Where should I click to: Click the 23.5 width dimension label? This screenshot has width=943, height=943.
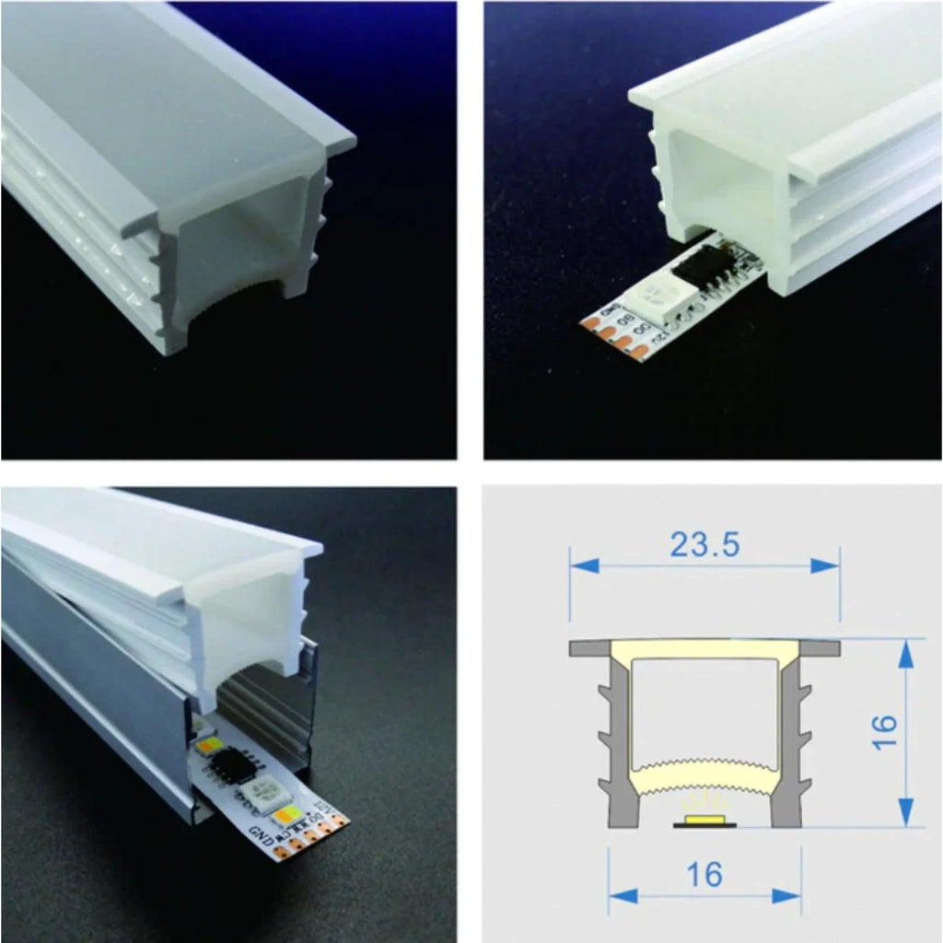point(704,545)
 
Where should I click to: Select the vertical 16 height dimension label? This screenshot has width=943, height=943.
point(884,733)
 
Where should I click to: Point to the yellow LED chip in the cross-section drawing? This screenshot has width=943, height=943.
point(704,819)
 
